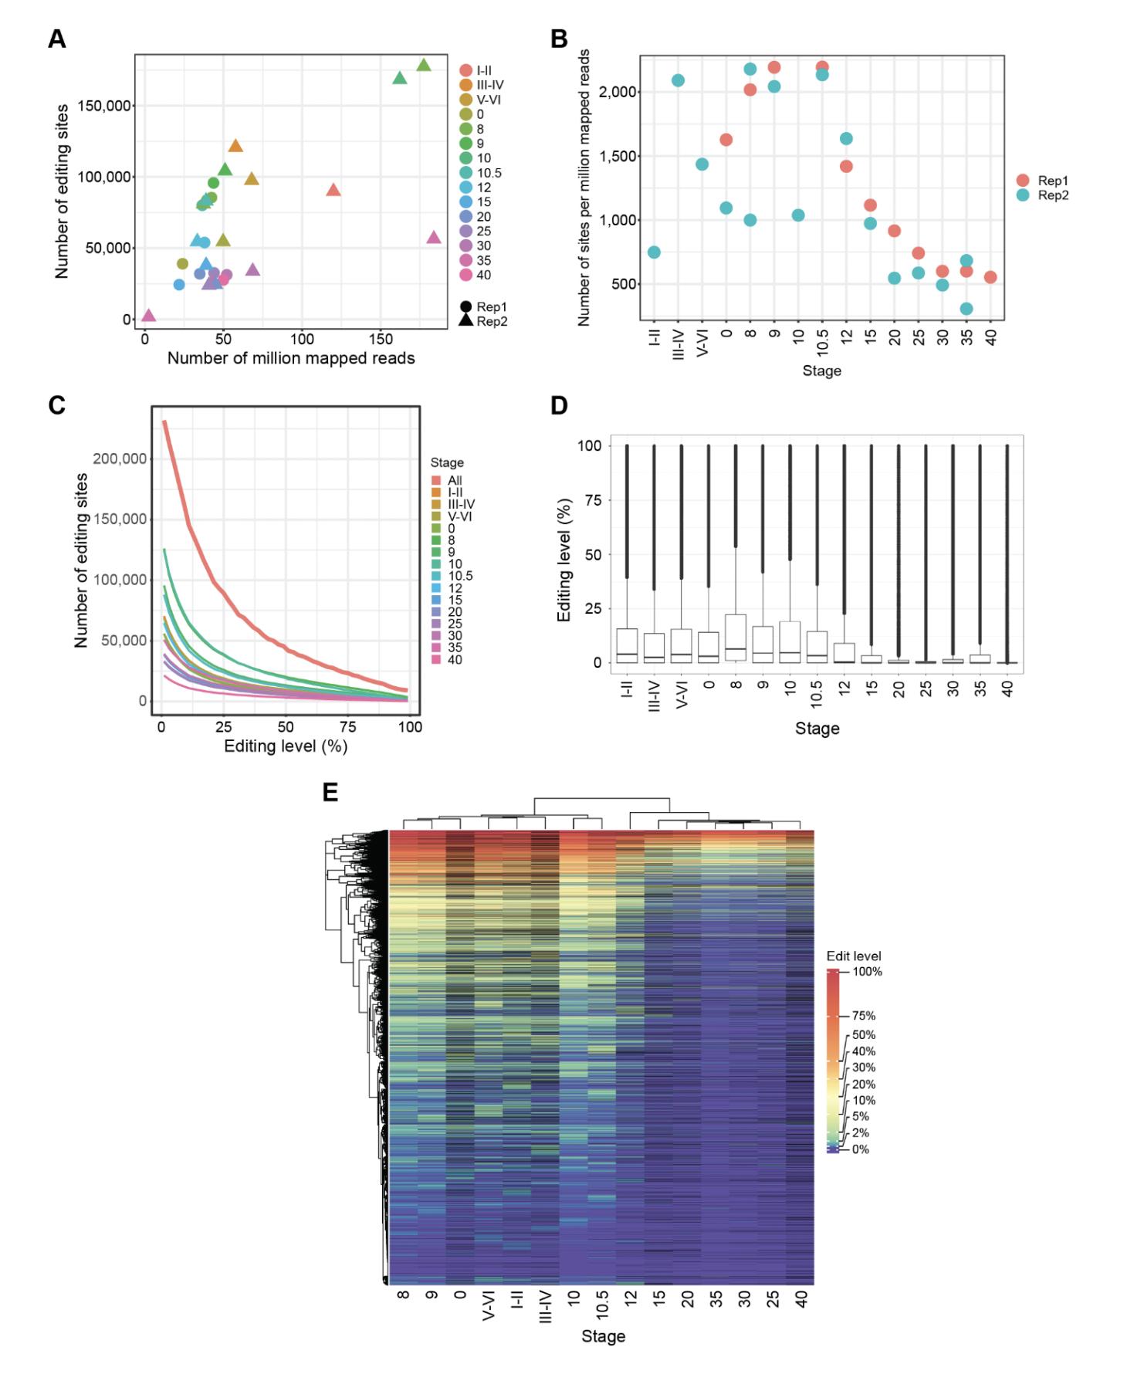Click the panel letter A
click(x=57, y=39)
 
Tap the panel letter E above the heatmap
click(x=330, y=792)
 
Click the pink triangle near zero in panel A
click(x=148, y=315)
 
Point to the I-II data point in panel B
click(x=654, y=252)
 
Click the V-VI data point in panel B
click(x=702, y=164)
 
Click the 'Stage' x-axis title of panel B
click(x=821, y=371)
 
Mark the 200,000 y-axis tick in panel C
click(x=120, y=459)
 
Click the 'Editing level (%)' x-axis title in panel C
click(x=286, y=746)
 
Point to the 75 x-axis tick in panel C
click(x=348, y=727)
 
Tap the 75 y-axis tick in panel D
click(x=592, y=500)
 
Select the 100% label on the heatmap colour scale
click(x=866, y=972)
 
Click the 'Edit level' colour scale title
click(x=853, y=956)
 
